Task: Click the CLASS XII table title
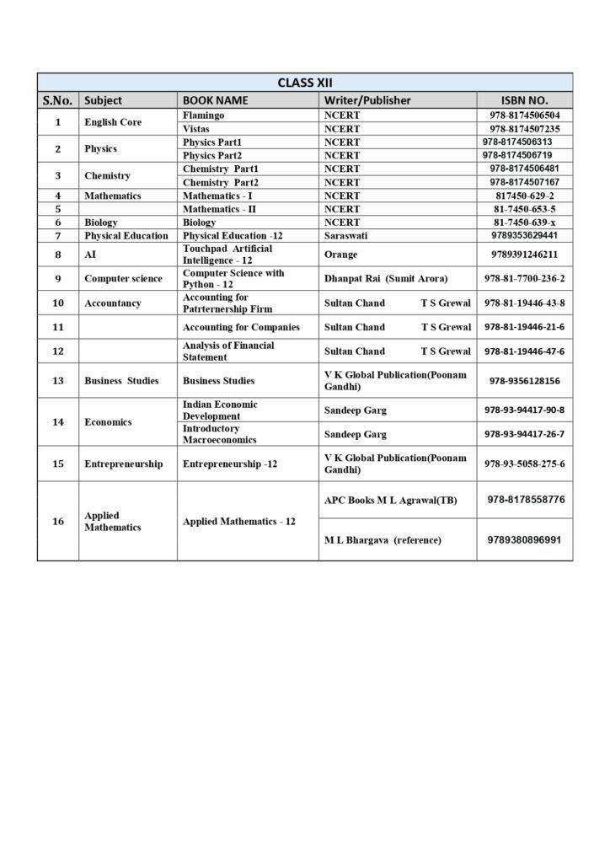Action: click(305, 82)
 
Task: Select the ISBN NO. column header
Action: click(524, 100)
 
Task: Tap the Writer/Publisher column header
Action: click(367, 100)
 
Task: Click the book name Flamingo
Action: click(203, 115)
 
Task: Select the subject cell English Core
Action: click(113, 122)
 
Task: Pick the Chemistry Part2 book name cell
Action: click(221, 182)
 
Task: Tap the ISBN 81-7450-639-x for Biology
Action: click(524, 222)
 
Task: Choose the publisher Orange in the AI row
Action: click(340, 254)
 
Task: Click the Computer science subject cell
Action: click(123, 278)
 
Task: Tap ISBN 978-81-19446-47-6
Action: click(524, 351)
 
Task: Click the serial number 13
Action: click(58, 381)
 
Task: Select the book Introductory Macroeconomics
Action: click(220, 434)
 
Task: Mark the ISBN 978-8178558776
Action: click(525, 500)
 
